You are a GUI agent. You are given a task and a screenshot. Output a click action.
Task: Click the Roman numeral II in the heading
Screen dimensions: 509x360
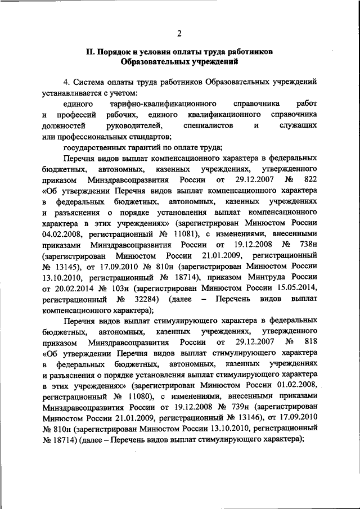(x=89, y=52)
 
